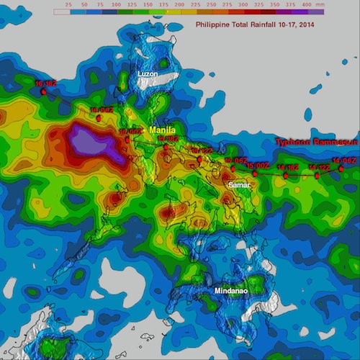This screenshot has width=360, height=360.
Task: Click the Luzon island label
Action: [148, 74]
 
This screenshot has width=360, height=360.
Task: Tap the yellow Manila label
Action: [163, 129]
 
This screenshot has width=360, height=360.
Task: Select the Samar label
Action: [239, 185]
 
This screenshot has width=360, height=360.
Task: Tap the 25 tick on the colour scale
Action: [68, 4]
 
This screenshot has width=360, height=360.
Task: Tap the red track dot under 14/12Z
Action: [318, 175]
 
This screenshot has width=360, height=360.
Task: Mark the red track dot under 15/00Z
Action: [255, 174]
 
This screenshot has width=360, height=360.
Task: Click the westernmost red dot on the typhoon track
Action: [44, 91]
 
